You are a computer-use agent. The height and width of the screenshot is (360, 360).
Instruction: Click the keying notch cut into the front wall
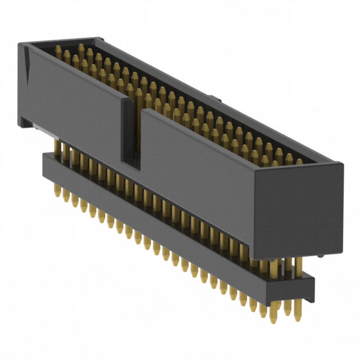(x=130, y=135)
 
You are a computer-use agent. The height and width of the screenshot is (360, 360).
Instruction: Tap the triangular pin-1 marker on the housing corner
(x=26, y=56)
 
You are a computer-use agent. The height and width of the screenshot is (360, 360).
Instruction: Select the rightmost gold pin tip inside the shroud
(x=299, y=161)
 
